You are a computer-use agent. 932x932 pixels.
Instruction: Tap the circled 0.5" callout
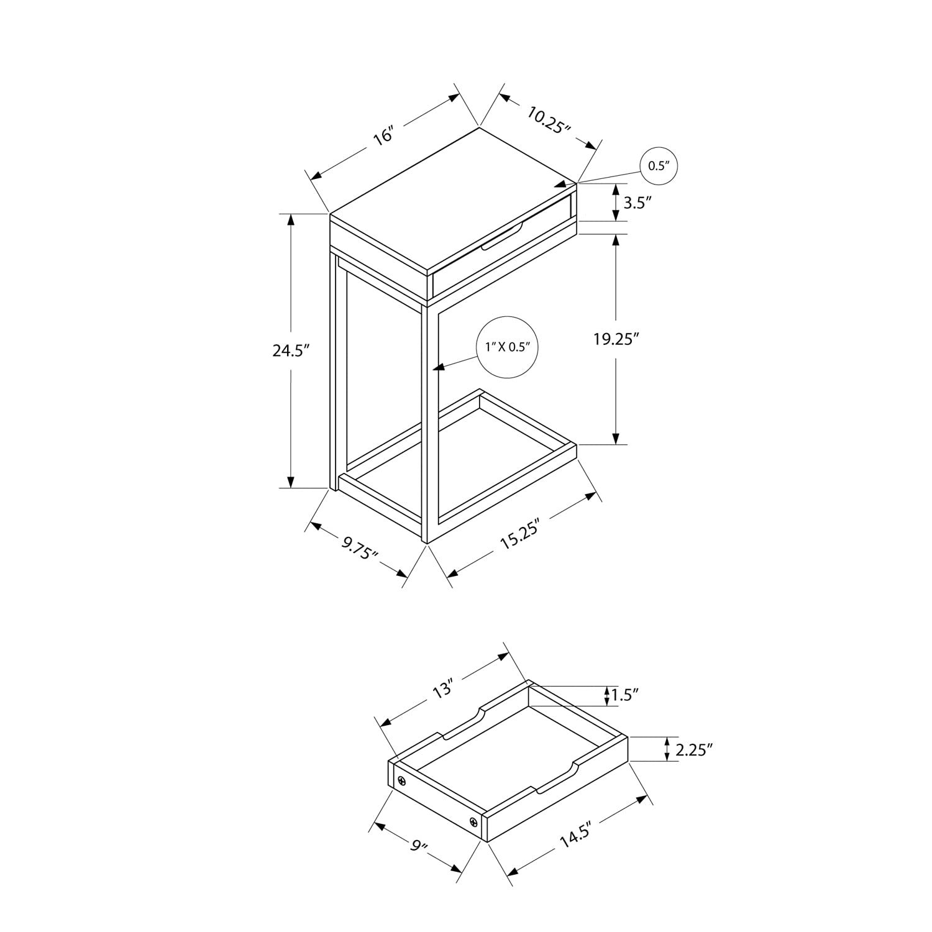(658, 166)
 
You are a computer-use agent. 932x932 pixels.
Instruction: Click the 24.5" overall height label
(291, 350)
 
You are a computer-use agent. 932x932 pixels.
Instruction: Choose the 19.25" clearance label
(615, 339)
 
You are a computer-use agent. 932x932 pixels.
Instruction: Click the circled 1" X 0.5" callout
(507, 347)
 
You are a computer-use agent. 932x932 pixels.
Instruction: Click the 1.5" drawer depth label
(625, 695)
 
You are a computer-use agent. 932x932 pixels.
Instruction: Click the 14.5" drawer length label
(574, 833)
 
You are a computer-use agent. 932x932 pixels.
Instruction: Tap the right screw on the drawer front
(474, 823)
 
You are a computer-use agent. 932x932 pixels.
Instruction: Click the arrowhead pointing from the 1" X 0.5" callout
(439, 368)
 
